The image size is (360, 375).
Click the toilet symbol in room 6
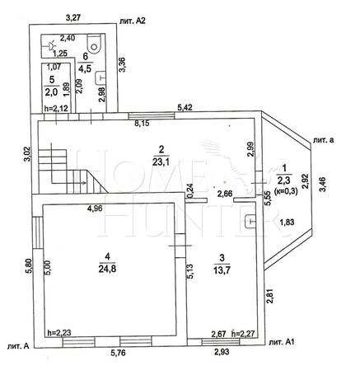(x=95, y=45)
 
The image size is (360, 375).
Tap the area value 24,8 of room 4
(x=107, y=268)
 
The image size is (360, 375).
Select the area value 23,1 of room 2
(x=161, y=162)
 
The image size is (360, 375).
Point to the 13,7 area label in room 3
(x=222, y=270)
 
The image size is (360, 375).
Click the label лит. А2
(x=133, y=21)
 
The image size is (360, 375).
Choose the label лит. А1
(x=282, y=342)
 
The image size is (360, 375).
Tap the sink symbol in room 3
(x=250, y=221)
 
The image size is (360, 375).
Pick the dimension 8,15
(x=142, y=124)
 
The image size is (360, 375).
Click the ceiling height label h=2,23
(x=59, y=333)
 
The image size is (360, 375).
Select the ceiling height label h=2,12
(x=56, y=109)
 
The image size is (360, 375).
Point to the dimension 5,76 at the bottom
(x=118, y=353)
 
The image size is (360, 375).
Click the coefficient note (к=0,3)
(x=287, y=192)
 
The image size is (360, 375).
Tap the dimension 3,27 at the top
(x=72, y=18)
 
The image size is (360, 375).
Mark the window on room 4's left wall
(x=38, y=232)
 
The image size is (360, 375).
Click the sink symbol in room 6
(x=101, y=78)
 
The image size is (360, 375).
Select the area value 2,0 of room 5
(x=51, y=92)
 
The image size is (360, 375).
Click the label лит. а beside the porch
(x=323, y=140)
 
